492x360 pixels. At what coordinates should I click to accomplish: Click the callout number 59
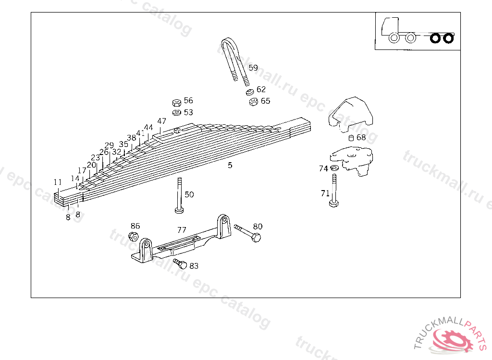(253, 68)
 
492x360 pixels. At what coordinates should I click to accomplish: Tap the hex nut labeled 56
(176, 102)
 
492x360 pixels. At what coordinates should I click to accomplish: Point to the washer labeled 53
(176, 112)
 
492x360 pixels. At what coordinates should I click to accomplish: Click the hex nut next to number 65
(254, 101)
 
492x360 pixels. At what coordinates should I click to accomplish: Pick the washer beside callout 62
(249, 91)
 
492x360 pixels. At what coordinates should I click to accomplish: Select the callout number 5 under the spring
(230, 165)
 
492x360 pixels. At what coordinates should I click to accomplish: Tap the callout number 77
(182, 230)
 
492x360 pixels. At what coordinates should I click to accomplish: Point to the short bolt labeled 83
(181, 263)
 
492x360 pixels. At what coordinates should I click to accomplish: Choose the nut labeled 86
(134, 236)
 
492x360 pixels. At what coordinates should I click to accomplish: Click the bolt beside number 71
(333, 192)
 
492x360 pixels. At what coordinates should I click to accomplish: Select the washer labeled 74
(334, 168)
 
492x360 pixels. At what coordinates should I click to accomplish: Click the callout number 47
(161, 121)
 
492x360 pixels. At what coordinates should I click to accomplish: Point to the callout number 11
(58, 182)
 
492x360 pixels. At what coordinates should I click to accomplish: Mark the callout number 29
(109, 145)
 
